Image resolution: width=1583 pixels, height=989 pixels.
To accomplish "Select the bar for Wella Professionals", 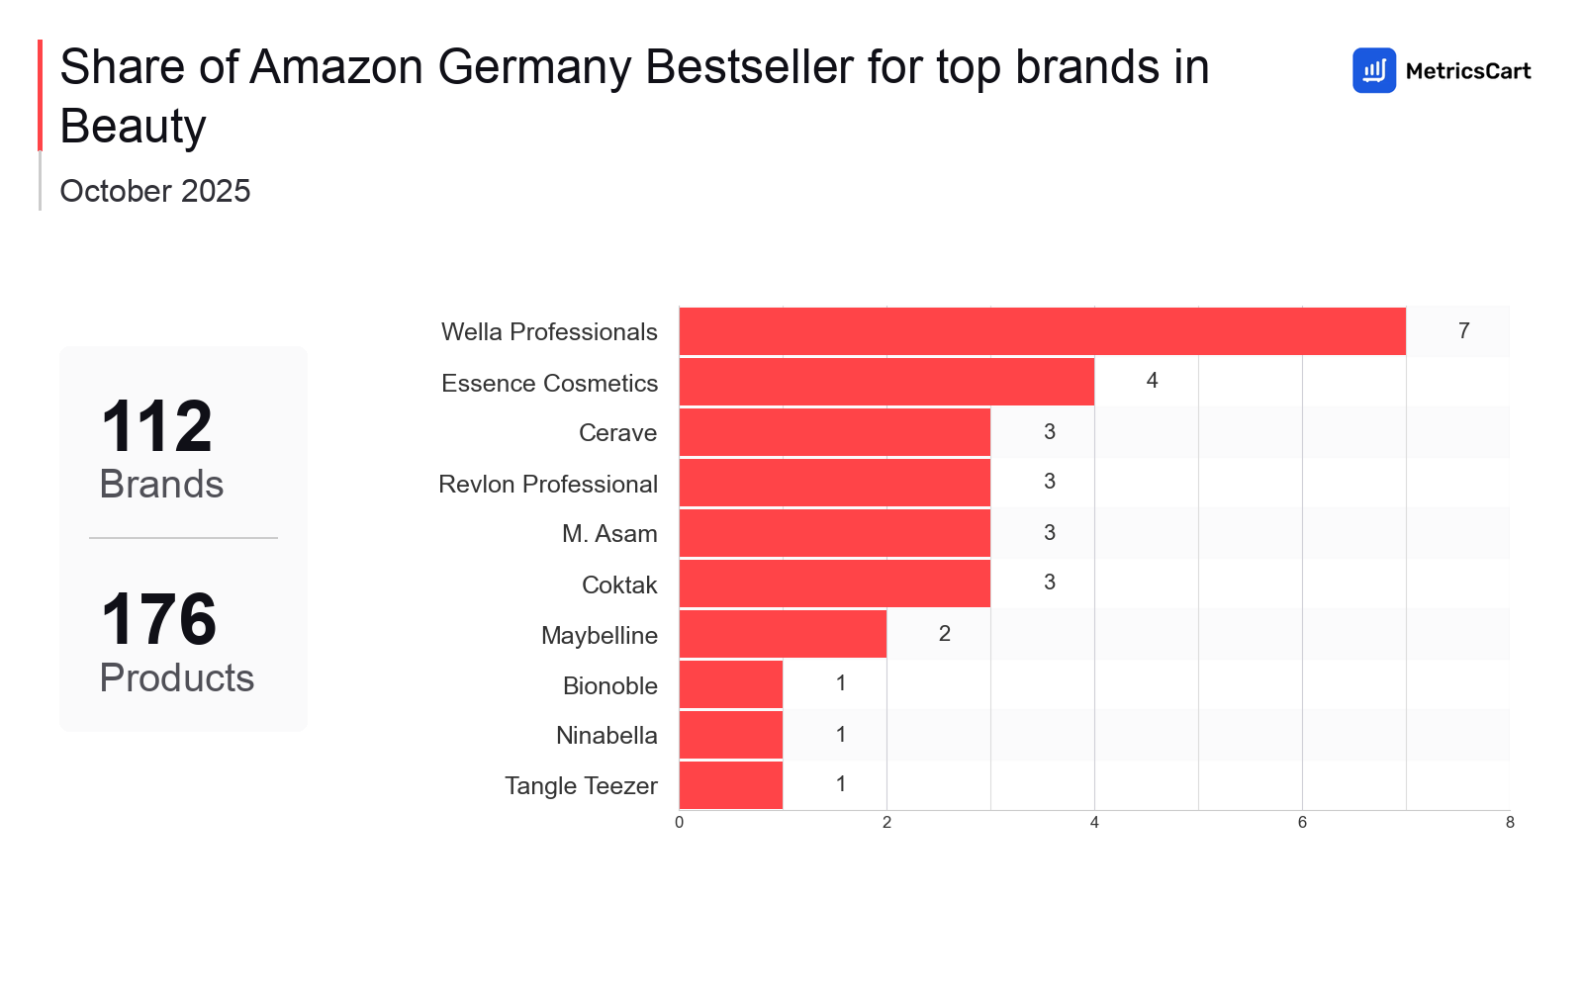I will point(1042,331).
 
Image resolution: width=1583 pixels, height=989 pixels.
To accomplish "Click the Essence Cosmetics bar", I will point(886,382).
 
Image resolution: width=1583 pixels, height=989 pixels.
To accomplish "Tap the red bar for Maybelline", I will point(783,634).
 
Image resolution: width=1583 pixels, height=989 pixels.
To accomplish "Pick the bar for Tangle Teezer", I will point(731,785).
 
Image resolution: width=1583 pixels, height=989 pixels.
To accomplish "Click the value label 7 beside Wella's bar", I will point(1463,330).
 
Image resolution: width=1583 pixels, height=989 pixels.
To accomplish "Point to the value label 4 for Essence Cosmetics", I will point(1152,381).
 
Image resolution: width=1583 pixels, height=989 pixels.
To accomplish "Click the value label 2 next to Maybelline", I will point(944,633).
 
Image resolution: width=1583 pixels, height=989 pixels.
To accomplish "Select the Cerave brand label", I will point(617,433).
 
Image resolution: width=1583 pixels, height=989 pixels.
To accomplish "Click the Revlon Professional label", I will point(548,484).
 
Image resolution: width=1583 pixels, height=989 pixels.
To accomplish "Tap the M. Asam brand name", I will point(609,534).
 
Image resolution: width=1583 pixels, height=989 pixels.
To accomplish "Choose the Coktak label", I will point(619,584).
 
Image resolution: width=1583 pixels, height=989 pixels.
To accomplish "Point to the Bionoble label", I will point(609,685).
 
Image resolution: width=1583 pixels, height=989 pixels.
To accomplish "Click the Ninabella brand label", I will point(606,736).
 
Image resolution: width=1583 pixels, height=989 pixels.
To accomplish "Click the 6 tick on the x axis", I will point(1302,822).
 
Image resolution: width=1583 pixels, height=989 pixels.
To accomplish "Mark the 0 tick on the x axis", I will point(679,822).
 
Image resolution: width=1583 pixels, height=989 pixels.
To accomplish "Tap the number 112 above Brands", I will point(156,426).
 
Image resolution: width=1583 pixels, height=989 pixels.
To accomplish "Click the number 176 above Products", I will point(158,620).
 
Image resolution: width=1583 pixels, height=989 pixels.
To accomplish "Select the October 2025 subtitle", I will point(155,191).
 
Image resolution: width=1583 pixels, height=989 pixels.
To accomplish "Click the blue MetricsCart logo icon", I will point(1373,70).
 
